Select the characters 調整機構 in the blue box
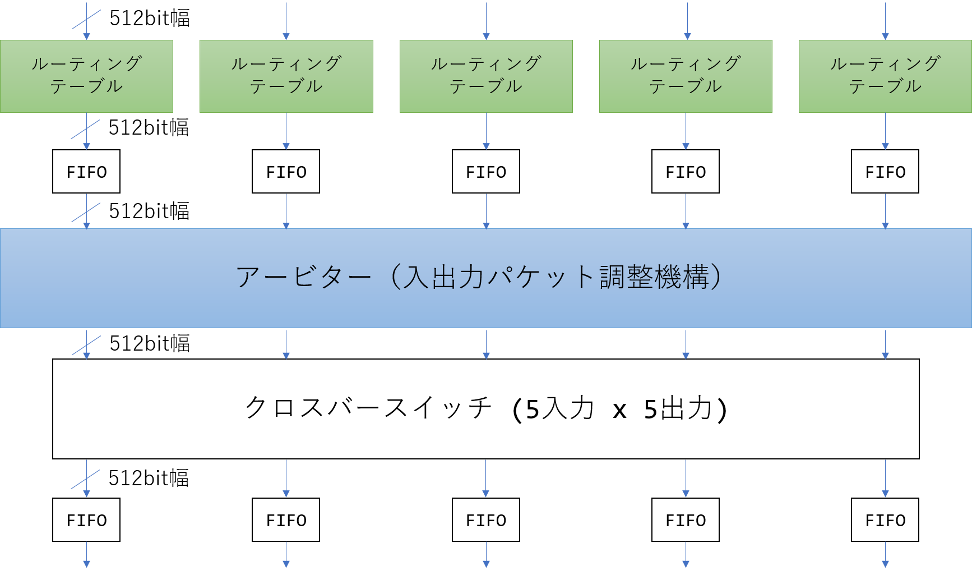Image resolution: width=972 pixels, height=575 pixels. click(x=654, y=277)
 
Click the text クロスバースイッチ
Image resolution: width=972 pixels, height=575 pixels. click(x=368, y=408)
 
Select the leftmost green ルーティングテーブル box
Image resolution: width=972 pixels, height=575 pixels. click(x=86, y=76)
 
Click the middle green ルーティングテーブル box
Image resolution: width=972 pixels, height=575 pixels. click(x=486, y=76)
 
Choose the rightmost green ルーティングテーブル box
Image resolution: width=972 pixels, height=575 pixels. click(x=885, y=76)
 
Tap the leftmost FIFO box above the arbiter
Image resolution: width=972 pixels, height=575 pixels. click(x=86, y=172)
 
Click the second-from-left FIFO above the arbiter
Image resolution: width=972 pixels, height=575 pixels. click(x=286, y=172)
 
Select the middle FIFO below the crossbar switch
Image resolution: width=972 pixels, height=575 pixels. click(x=486, y=520)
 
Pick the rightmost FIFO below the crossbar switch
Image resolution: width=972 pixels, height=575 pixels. click(x=885, y=520)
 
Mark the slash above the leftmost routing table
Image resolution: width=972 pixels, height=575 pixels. click(x=86, y=20)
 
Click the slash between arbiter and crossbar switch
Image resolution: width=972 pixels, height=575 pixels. click(x=86, y=346)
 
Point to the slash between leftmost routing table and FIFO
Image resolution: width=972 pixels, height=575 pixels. click(x=85, y=129)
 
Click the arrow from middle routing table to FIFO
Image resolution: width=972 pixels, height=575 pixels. click(x=486, y=131)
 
